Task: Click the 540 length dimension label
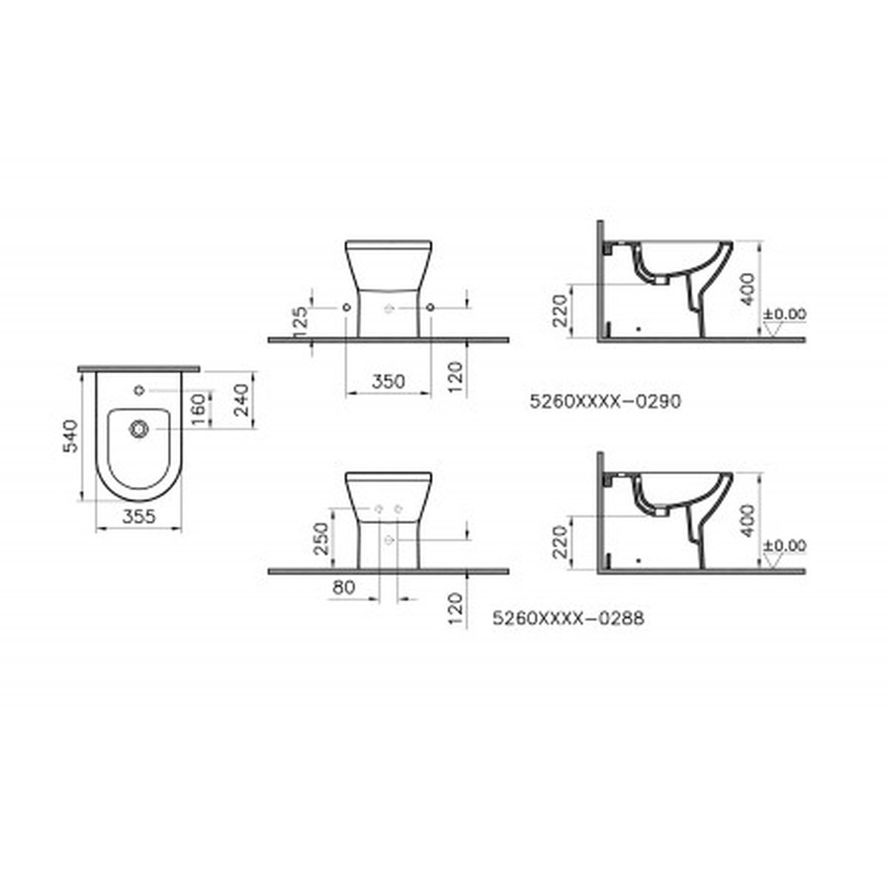click(x=70, y=436)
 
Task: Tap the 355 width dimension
click(x=139, y=517)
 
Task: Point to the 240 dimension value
click(x=241, y=400)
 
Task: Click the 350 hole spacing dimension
click(x=388, y=382)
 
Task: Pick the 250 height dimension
click(x=320, y=539)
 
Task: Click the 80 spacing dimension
click(x=343, y=587)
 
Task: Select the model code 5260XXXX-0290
click(x=605, y=401)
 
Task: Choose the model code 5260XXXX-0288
click(x=568, y=618)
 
